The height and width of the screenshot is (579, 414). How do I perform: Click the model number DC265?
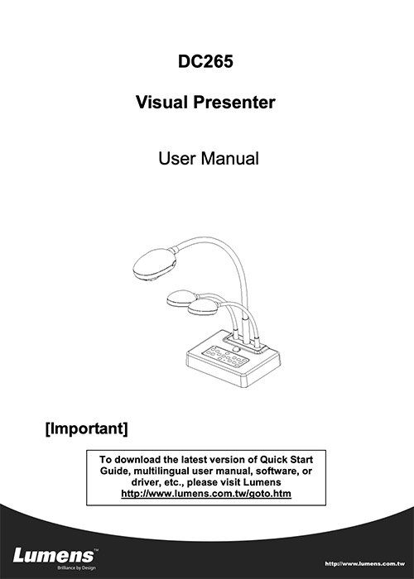(205, 61)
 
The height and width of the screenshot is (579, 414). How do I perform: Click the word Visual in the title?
(161, 102)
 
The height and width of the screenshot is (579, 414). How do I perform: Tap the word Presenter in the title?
(234, 102)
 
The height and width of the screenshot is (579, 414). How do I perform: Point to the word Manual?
(230, 159)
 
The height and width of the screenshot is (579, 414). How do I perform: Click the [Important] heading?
(86, 428)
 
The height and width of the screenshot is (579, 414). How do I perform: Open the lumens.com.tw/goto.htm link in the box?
(206, 494)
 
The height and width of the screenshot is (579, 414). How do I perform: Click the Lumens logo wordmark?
(54, 555)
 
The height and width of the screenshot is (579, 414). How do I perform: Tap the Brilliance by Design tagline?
(76, 568)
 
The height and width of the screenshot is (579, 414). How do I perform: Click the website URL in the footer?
(365, 564)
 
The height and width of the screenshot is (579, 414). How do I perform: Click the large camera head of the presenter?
(154, 264)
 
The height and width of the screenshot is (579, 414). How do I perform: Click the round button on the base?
(236, 349)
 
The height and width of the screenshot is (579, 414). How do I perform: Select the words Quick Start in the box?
(286, 460)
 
